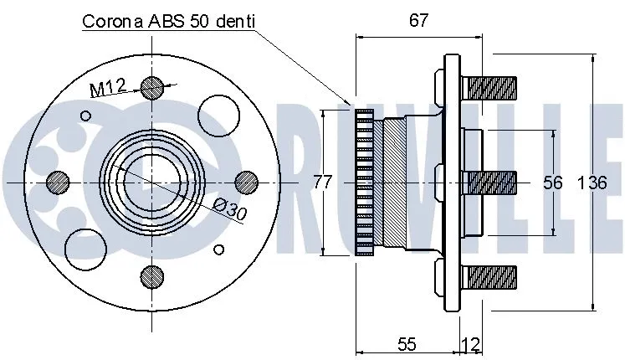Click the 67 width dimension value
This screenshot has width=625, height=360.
418,21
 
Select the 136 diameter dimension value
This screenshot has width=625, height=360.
592,183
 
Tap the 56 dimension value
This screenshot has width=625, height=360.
551,183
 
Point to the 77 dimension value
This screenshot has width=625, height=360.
323,182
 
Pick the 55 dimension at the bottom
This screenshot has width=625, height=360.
407,344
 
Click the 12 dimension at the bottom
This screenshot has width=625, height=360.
471,344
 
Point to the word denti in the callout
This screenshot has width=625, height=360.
232,22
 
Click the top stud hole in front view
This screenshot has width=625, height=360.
151,86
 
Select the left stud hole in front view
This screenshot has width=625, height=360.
57,180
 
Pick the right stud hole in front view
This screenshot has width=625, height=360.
245,180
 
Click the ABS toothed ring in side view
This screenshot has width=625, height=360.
363,182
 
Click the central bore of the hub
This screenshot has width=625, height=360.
151,180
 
